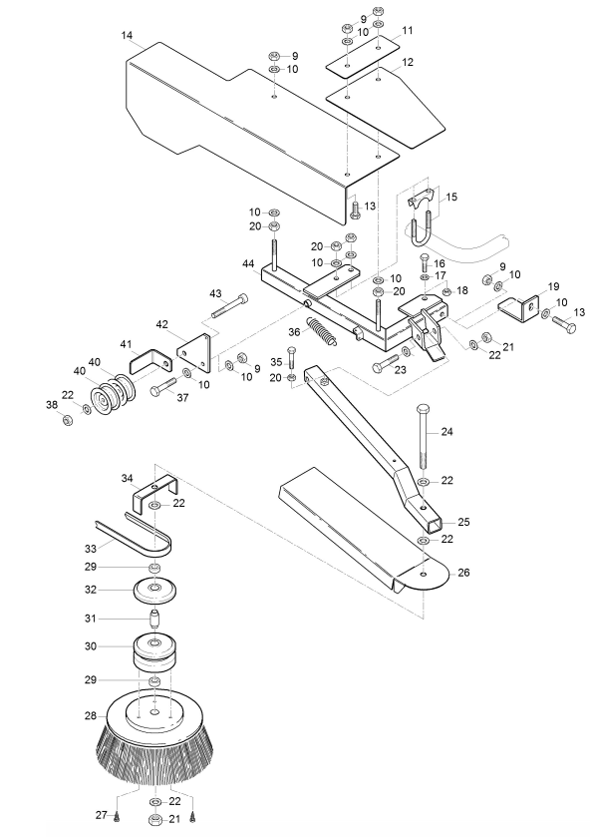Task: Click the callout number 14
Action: click(127, 36)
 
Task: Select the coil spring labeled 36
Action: click(321, 331)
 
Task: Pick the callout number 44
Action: click(248, 264)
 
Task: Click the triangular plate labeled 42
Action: click(193, 353)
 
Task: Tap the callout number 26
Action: click(463, 573)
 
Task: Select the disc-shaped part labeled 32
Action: click(154, 590)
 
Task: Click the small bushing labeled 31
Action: click(154, 620)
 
